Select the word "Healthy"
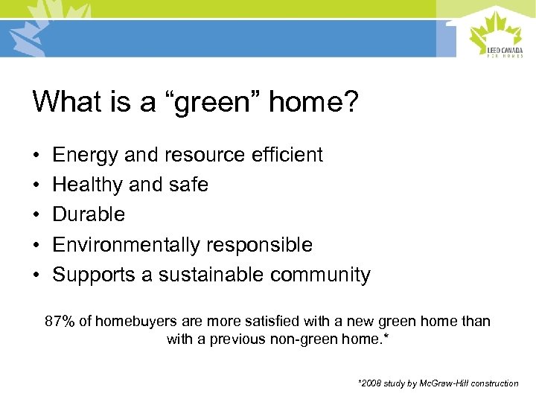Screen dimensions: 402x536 (88, 185)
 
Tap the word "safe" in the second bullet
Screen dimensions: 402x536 (189, 185)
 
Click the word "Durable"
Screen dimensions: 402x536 (89, 214)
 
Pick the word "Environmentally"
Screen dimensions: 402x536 (127, 245)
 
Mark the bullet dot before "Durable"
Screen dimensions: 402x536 (36, 215)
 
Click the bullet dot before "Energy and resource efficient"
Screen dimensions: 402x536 (36, 156)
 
